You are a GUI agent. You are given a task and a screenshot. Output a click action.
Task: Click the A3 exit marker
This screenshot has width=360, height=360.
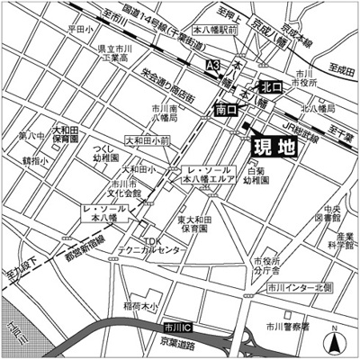[213, 66]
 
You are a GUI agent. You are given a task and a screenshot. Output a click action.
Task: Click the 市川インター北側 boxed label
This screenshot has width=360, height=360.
[299, 288]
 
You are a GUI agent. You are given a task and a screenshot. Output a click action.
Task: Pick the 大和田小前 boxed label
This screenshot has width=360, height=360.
[147, 140]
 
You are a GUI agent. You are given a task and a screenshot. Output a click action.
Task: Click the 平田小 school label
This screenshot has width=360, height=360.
[80, 30]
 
